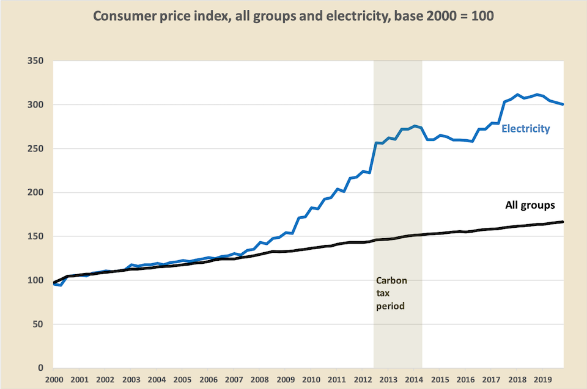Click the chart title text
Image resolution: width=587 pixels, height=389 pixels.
click(x=293, y=16)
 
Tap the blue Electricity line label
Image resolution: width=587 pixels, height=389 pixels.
click(x=526, y=129)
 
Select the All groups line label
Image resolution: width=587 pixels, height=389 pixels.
click(x=530, y=205)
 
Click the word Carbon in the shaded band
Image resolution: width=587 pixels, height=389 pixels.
click(x=391, y=280)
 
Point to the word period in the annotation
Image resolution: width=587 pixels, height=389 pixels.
click(x=390, y=307)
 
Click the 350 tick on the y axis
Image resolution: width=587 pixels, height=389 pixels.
click(x=35, y=60)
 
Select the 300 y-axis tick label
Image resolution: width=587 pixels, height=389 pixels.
click(x=35, y=105)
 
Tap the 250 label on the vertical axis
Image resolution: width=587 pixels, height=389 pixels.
click(x=35, y=148)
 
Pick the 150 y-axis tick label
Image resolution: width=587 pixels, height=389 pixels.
click(x=35, y=236)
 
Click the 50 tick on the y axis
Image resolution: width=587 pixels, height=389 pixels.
click(x=38, y=324)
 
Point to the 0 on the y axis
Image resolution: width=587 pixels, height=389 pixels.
click(x=40, y=368)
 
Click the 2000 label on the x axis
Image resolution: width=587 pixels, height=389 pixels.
click(x=54, y=380)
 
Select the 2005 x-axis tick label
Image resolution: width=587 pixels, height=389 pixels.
click(x=182, y=380)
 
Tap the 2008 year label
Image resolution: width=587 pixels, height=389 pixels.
click(x=259, y=380)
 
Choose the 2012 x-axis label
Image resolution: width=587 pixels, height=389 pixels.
click(x=363, y=380)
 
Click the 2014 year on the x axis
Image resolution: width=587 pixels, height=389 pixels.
click(x=414, y=380)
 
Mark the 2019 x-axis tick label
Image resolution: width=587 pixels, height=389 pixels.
click(x=543, y=380)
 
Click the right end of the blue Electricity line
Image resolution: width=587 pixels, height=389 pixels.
click(x=563, y=104)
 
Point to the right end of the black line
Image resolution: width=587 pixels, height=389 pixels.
click(x=563, y=222)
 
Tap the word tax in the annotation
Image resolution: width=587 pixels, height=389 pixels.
click(x=383, y=293)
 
